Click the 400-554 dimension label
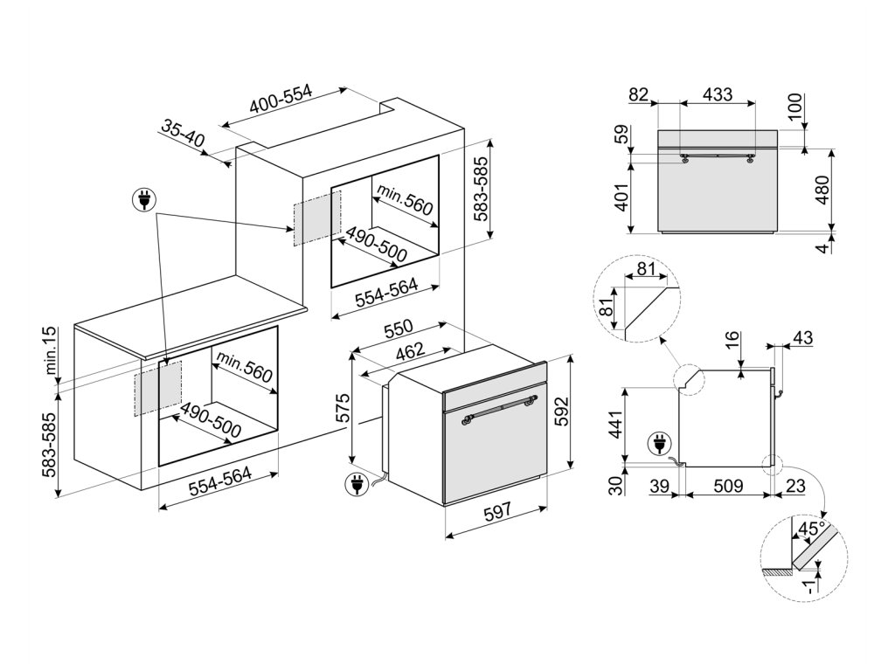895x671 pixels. pos(281,103)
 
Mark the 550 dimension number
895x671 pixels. pos(399,331)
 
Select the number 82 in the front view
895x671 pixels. pos(640,93)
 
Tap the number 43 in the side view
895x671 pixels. pos(802,337)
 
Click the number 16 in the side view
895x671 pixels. pos(731,341)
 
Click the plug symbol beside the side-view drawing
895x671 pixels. pos(656,444)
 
